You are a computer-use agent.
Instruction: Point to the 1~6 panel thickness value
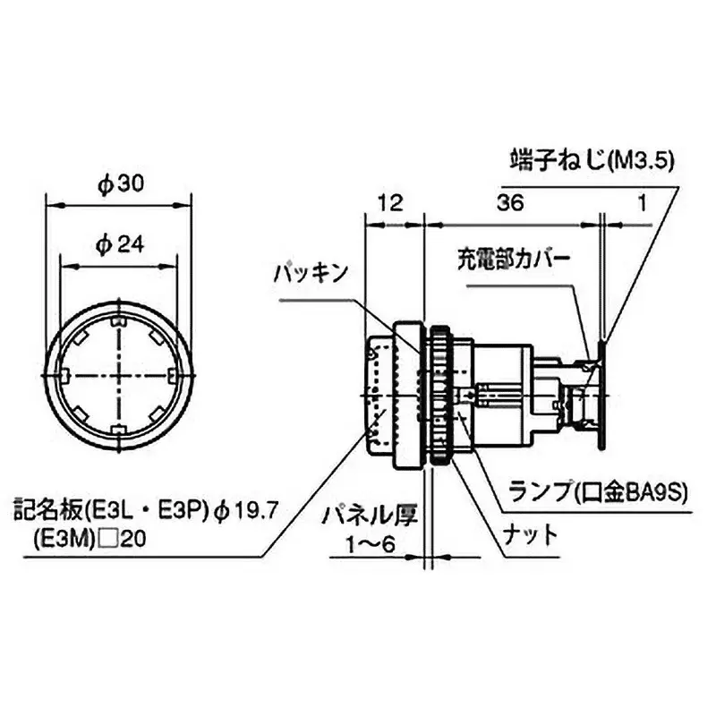(x=369, y=544)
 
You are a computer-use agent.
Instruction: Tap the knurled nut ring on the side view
(x=439, y=394)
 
